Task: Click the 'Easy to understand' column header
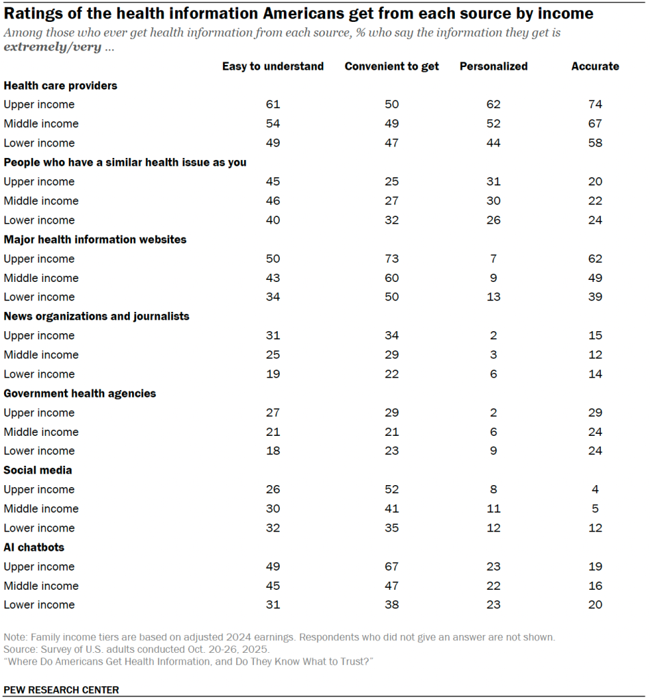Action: [x=273, y=66]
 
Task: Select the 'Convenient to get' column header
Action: [x=392, y=66]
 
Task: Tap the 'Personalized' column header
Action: [x=493, y=66]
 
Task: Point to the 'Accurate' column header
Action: [x=595, y=66]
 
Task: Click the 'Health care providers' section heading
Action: [x=60, y=86]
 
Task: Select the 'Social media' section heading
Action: [x=38, y=470]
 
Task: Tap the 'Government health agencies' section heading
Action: [x=80, y=393]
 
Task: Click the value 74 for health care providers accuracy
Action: [x=595, y=105]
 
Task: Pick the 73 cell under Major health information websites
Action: [x=392, y=259]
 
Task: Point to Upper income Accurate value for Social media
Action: [x=595, y=489]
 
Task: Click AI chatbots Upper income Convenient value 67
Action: [x=392, y=567]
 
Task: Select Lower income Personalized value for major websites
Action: [x=493, y=297]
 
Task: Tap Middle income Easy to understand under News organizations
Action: [x=273, y=354]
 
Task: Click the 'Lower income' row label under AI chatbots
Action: [x=39, y=605]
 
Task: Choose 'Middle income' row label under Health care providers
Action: [x=41, y=124]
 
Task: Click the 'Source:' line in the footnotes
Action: [x=137, y=648]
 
